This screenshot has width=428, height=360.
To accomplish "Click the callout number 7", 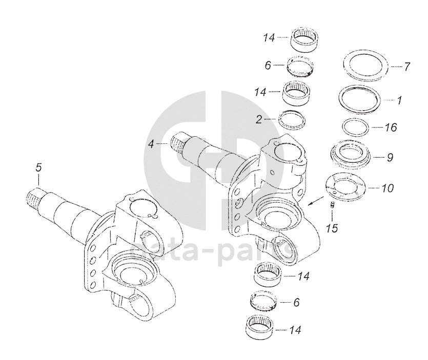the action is pyautogui.click(x=407, y=67).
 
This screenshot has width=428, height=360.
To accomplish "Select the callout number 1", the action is pyautogui.click(x=399, y=100).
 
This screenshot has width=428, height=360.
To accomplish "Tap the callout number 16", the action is pyautogui.click(x=391, y=126).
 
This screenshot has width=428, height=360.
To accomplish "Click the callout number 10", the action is pyautogui.click(x=388, y=188).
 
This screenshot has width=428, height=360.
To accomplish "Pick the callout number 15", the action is pyautogui.click(x=332, y=228).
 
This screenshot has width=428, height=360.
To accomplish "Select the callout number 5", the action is pyautogui.click(x=38, y=167).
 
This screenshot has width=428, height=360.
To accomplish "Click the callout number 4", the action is pyautogui.click(x=151, y=144).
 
